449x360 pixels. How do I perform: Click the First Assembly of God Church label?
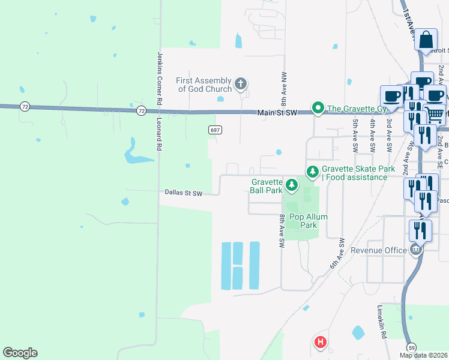(x=204, y=85)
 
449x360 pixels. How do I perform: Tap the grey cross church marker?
(x=240, y=83)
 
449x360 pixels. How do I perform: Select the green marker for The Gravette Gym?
(x=317, y=108)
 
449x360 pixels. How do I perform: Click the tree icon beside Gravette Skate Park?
(x=312, y=172)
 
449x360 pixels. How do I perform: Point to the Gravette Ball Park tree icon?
(x=291, y=185)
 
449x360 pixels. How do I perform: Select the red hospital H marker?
(x=321, y=343)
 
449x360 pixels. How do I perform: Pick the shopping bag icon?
(x=426, y=41)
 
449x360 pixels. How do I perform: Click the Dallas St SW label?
(x=184, y=193)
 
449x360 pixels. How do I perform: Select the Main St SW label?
(x=277, y=112)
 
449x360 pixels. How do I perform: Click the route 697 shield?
(x=215, y=130)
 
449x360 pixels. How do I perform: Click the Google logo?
(x=20, y=353)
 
